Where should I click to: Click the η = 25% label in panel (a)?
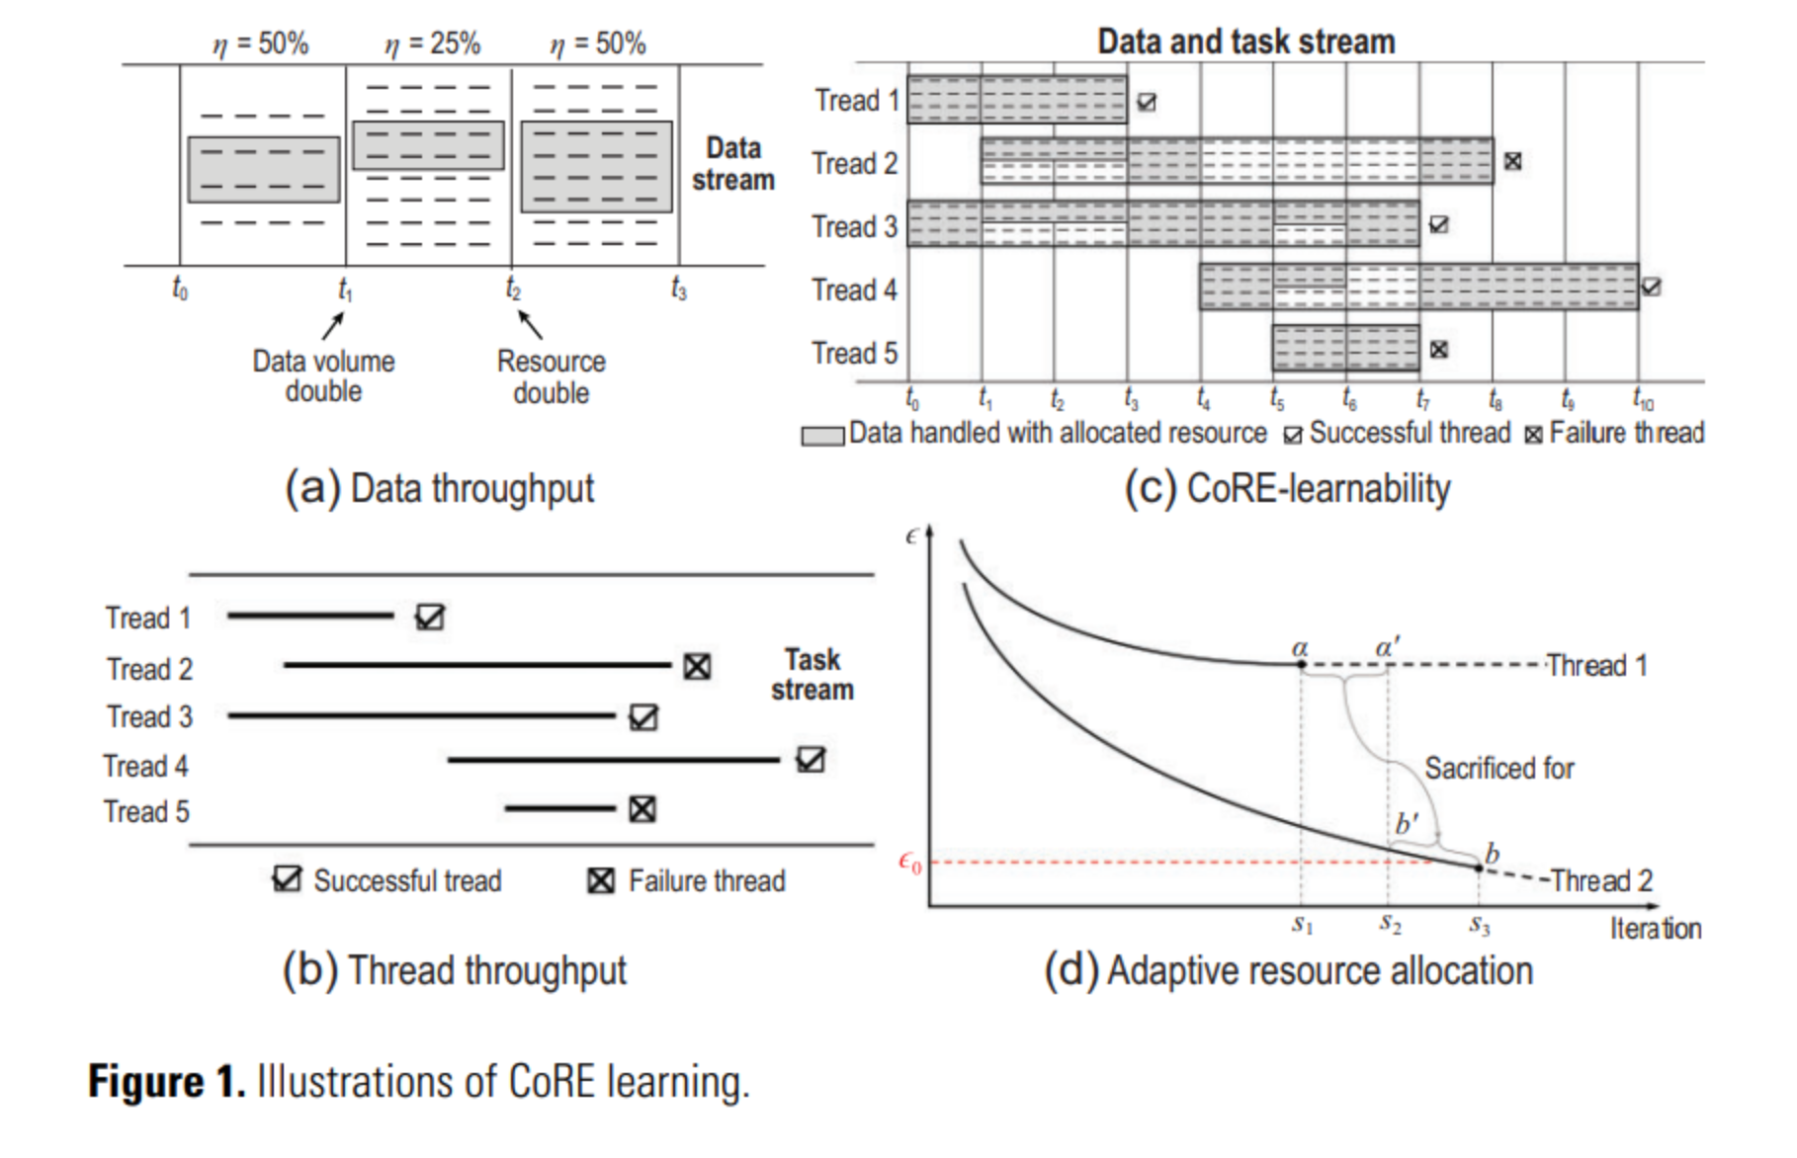click(432, 43)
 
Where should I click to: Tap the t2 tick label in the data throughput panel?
click(513, 289)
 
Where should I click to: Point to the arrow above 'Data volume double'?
click(334, 325)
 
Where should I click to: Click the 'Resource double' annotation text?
click(551, 376)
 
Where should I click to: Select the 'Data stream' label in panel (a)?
click(732, 164)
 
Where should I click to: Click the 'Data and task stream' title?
click(1245, 41)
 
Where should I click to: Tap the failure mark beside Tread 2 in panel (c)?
click(1512, 161)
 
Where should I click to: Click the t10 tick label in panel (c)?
click(1642, 400)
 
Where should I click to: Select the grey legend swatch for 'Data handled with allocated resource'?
click(821, 436)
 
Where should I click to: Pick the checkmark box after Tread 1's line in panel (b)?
click(430, 618)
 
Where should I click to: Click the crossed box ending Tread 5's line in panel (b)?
click(642, 810)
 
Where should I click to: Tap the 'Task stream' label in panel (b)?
click(812, 675)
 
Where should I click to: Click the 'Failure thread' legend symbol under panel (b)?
click(601, 880)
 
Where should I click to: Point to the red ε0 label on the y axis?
click(909, 863)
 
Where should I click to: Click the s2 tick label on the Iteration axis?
click(1390, 925)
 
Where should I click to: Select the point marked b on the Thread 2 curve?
click(1480, 868)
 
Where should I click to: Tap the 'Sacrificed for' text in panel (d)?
click(1498, 768)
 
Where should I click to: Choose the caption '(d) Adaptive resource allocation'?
click(1288, 970)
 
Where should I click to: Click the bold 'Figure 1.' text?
click(166, 1081)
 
